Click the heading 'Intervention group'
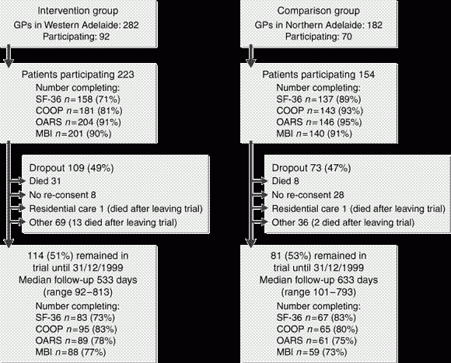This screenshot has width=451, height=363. point(78,11)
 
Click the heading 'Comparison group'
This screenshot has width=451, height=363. point(318,11)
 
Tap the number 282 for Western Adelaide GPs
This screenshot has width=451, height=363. point(131,25)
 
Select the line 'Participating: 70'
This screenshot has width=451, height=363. point(318,37)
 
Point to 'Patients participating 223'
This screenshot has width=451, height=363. point(78,75)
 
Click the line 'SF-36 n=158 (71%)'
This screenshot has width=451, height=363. point(78,99)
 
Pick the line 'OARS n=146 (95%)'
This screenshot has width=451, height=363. point(319,122)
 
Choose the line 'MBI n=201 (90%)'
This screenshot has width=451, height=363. point(73,134)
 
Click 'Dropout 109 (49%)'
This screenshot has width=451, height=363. point(72,168)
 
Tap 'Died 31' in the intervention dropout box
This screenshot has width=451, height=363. point(45,181)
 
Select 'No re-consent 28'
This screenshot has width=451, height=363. point(308,195)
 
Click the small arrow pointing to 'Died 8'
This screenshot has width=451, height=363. point(260,181)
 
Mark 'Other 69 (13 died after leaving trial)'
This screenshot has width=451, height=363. point(103,222)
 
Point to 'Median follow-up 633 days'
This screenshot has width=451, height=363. point(318,280)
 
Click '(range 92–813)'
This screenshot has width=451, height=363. point(78,292)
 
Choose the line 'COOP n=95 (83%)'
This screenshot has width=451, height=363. point(76,329)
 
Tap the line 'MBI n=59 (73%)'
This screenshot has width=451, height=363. point(312,352)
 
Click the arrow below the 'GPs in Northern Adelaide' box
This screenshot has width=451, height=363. point(251,56)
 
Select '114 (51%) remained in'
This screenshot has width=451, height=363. point(78,256)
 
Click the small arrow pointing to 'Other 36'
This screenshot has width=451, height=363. point(260,222)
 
